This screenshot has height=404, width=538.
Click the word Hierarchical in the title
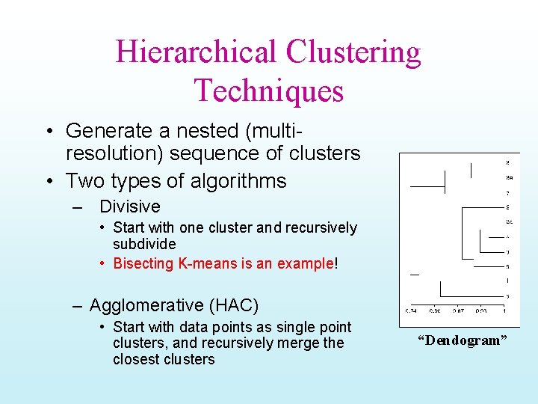coord(196,52)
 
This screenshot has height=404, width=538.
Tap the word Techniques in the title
coord(269,90)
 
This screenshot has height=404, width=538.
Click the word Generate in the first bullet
coord(109,131)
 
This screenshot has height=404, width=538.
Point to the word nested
coord(210,131)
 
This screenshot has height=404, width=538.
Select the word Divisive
coord(130,206)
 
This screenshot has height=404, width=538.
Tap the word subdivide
coord(144,245)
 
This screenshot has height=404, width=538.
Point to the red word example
coord(306,263)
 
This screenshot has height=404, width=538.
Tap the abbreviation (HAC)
coord(234,305)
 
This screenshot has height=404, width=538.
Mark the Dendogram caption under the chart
coord(462,341)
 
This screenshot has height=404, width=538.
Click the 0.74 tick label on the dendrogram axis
coord(411,310)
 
